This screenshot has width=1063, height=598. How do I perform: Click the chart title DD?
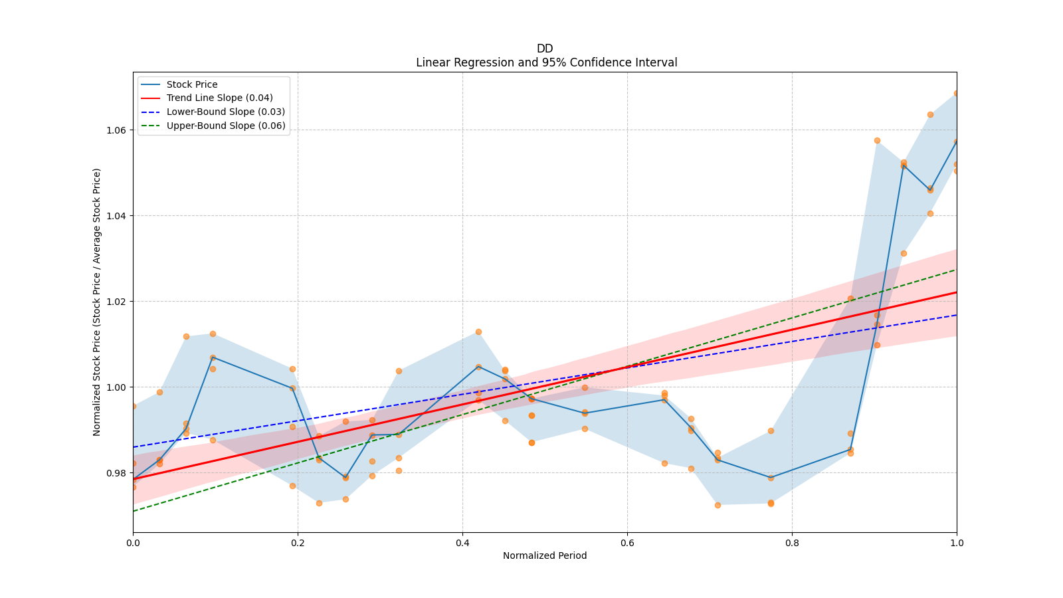[545, 49]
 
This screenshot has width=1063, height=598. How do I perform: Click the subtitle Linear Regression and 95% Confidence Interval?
[546, 62]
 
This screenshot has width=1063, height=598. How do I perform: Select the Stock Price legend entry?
[192, 84]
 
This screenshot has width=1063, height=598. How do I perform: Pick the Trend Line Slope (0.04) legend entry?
[219, 98]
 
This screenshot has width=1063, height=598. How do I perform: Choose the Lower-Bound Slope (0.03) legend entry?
[225, 112]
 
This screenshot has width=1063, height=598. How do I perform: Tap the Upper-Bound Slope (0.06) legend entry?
[226, 126]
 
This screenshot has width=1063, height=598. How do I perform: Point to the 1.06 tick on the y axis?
[117, 130]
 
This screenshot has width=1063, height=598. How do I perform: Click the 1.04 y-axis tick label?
[117, 216]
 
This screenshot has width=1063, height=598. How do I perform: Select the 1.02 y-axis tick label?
[117, 302]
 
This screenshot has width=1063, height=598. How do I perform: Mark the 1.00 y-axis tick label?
[117, 387]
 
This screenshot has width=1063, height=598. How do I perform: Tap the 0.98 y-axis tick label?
[117, 473]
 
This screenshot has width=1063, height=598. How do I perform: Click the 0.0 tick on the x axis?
[133, 543]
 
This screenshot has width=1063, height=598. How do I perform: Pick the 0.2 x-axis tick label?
[298, 543]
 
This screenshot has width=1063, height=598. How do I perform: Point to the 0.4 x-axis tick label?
[462, 543]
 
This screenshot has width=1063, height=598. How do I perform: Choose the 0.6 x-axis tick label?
[627, 543]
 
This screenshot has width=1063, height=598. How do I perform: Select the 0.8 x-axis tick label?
[792, 543]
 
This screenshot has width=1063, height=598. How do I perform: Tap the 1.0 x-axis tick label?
[957, 543]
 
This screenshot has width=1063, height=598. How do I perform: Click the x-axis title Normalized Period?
[545, 555]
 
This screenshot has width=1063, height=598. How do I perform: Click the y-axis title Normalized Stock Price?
[97, 302]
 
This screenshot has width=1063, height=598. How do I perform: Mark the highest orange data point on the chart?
[957, 94]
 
